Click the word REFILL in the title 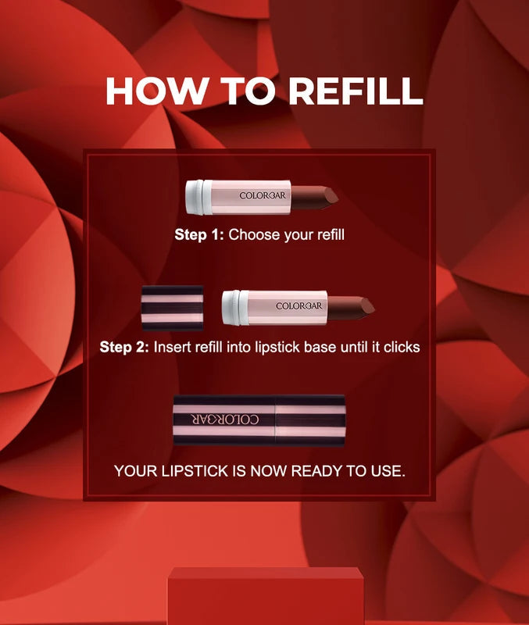[355, 91]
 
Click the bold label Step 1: [198, 234]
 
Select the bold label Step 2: [123, 347]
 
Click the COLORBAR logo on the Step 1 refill [263, 195]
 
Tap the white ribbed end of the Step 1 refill [198, 196]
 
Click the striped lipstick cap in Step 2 [172, 307]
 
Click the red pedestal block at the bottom [266, 598]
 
